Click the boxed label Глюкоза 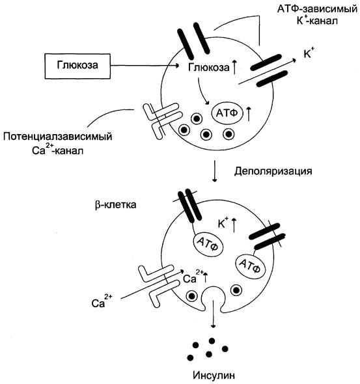tap(77, 66)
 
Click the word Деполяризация tap(273, 171)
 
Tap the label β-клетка tap(115, 204)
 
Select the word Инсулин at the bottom tap(214, 375)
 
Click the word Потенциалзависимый tap(57, 137)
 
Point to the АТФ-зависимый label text tap(317, 9)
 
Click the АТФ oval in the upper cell tap(227, 113)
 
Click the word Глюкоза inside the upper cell tap(209, 67)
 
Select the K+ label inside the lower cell tap(223, 223)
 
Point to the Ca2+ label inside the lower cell tap(193, 277)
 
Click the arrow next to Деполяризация tap(215, 171)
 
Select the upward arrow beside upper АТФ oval tap(249, 114)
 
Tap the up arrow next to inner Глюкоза tap(234, 67)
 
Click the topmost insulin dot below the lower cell tap(212, 341)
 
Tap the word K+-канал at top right tap(317, 21)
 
